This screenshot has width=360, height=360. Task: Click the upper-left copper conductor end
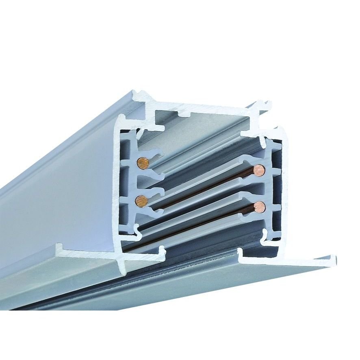point(142,163)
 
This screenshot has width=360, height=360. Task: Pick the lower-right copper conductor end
point(259,208)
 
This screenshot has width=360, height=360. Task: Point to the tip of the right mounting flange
point(333,258)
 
